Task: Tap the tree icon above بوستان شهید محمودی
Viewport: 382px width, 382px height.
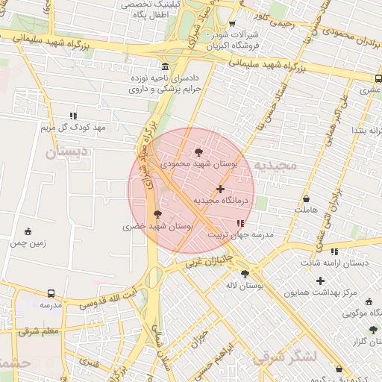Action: point(198,151)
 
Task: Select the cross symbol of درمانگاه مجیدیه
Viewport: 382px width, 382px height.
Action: point(220,189)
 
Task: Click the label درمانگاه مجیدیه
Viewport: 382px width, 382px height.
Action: point(216,201)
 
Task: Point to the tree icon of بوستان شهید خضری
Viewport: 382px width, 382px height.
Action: point(157,214)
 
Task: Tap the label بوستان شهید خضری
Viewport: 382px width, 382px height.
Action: point(158,225)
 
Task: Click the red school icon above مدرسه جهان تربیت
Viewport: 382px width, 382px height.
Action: point(239,223)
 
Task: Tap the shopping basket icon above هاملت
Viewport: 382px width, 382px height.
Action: point(307,199)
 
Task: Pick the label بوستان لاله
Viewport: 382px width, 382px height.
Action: point(244,286)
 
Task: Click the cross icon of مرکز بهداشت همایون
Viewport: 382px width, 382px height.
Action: point(320,281)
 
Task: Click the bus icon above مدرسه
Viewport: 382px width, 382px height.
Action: point(51,294)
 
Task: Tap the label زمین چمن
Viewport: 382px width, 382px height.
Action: point(28,242)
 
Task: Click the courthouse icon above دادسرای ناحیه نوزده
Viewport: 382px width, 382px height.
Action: point(165,66)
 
